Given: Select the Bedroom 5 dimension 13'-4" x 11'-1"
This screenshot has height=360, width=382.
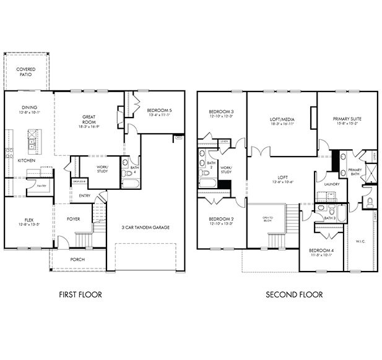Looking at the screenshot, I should (x=158, y=114).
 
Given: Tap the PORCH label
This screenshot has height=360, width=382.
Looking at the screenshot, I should (x=77, y=259).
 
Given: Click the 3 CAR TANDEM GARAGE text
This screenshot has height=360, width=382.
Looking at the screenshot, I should (x=145, y=227).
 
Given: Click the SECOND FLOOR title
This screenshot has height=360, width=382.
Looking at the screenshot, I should (x=294, y=294).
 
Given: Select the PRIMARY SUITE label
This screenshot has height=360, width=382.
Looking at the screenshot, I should (x=347, y=119).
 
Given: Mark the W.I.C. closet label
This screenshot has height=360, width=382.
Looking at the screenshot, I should (x=360, y=242).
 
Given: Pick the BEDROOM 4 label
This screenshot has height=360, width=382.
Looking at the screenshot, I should (x=321, y=250).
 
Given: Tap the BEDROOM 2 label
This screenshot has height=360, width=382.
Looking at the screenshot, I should (x=220, y=220).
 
